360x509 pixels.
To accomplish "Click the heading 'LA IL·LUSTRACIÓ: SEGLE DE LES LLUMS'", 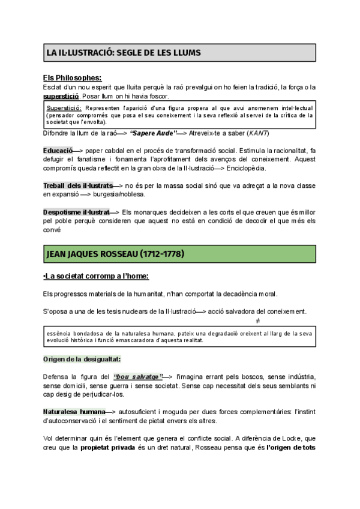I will point(124,53).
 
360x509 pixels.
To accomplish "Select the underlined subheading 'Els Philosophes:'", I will point(72,77).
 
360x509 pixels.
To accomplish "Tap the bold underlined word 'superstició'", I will point(61,96).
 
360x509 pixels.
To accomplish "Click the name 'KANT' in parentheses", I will point(259,133).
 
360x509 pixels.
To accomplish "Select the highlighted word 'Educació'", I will point(58,149).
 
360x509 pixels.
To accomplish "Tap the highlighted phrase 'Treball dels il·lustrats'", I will point(78,186).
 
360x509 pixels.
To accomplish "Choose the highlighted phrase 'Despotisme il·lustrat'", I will point(76,212).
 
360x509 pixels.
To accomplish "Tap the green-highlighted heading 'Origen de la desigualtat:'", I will point(82,359).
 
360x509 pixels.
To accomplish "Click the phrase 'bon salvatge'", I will point(138,376).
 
